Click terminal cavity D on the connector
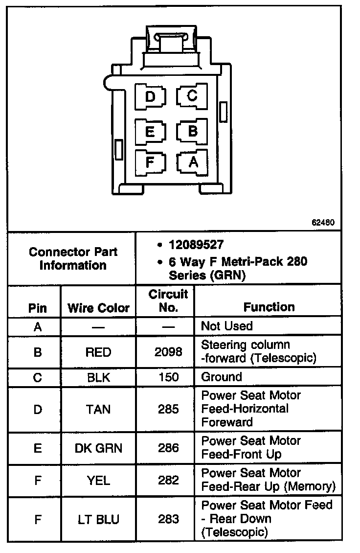pos(150,96)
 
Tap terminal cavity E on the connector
pos(150,132)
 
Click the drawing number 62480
pos(323,222)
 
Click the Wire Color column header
pos(98,308)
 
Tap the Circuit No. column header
pos(168,300)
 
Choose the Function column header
pos(269,307)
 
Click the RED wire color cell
pos(98,352)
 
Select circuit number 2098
pos(168,352)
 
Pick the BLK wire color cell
pos(98,377)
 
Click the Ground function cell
pos(222,377)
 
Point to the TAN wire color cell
pos(98,409)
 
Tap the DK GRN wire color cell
pos(98,448)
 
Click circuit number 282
pos(168,480)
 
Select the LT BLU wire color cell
pos(98,519)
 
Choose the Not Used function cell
pos(227,326)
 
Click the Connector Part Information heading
pos(73,258)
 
